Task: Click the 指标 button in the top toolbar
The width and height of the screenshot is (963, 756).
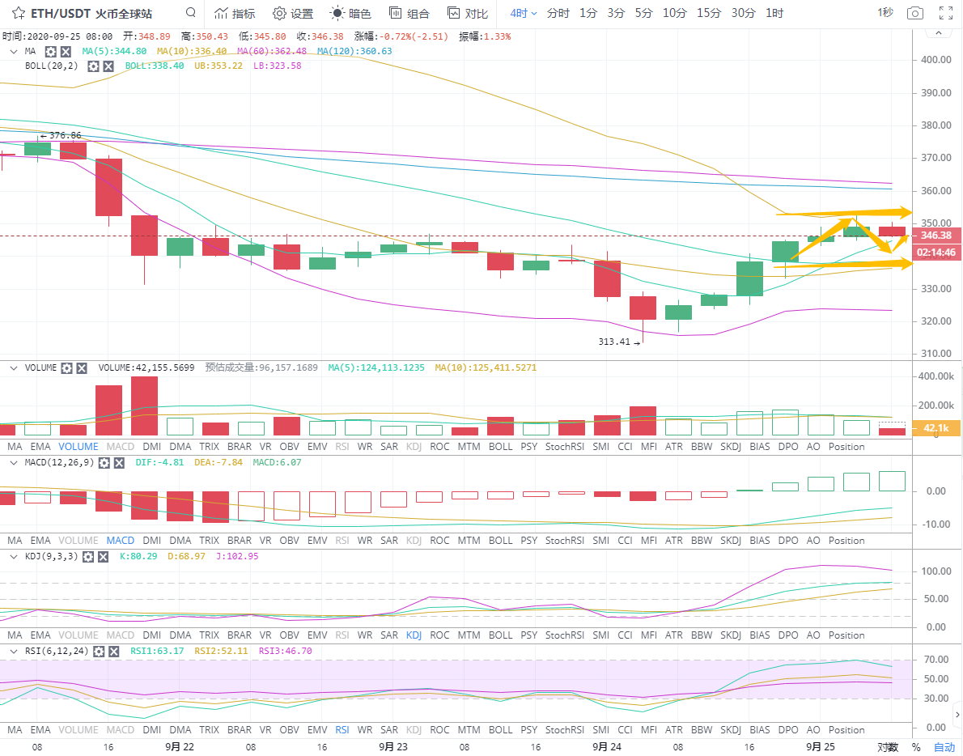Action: pyautogui.click(x=235, y=14)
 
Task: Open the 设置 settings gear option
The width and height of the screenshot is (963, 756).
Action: pyautogui.click(x=293, y=14)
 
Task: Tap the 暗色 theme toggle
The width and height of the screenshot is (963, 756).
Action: pyautogui.click(x=351, y=14)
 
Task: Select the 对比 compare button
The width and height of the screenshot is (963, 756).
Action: pyautogui.click(x=468, y=14)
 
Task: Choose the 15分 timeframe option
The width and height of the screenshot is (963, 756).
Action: pyautogui.click(x=709, y=13)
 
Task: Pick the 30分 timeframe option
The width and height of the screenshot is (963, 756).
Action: pyautogui.click(x=743, y=13)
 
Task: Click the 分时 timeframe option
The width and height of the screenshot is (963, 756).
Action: pyautogui.click(x=558, y=13)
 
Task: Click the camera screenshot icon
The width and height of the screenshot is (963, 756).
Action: pyautogui.click(x=914, y=13)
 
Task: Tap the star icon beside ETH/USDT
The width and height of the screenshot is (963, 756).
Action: pyautogui.click(x=19, y=14)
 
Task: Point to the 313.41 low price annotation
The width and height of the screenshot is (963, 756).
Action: pyautogui.click(x=614, y=342)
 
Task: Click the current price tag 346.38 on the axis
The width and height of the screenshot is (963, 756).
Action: pyautogui.click(x=937, y=236)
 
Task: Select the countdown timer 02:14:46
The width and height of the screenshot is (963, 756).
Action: pyautogui.click(x=937, y=253)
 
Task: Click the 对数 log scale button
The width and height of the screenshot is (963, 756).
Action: pyautogui.click(x=888, y=747)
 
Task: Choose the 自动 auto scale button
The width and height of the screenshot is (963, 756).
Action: pyautogui.click(x=944, y=747)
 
